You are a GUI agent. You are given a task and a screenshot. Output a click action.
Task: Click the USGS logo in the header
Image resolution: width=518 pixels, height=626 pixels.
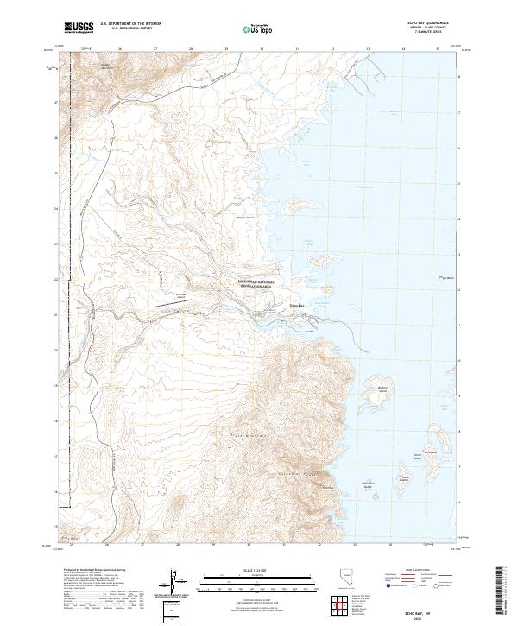point(79,28)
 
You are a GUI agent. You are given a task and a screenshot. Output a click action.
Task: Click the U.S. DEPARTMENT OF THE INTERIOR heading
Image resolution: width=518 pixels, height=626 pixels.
point(130,24)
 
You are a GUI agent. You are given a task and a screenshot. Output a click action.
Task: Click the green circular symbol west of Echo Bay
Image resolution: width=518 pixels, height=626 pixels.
point(258,314)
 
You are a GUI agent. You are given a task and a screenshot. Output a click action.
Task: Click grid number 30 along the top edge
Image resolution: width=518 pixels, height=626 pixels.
point(262,49)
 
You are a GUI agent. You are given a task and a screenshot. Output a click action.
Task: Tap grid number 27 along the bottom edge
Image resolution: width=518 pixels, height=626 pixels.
point(143,545)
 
